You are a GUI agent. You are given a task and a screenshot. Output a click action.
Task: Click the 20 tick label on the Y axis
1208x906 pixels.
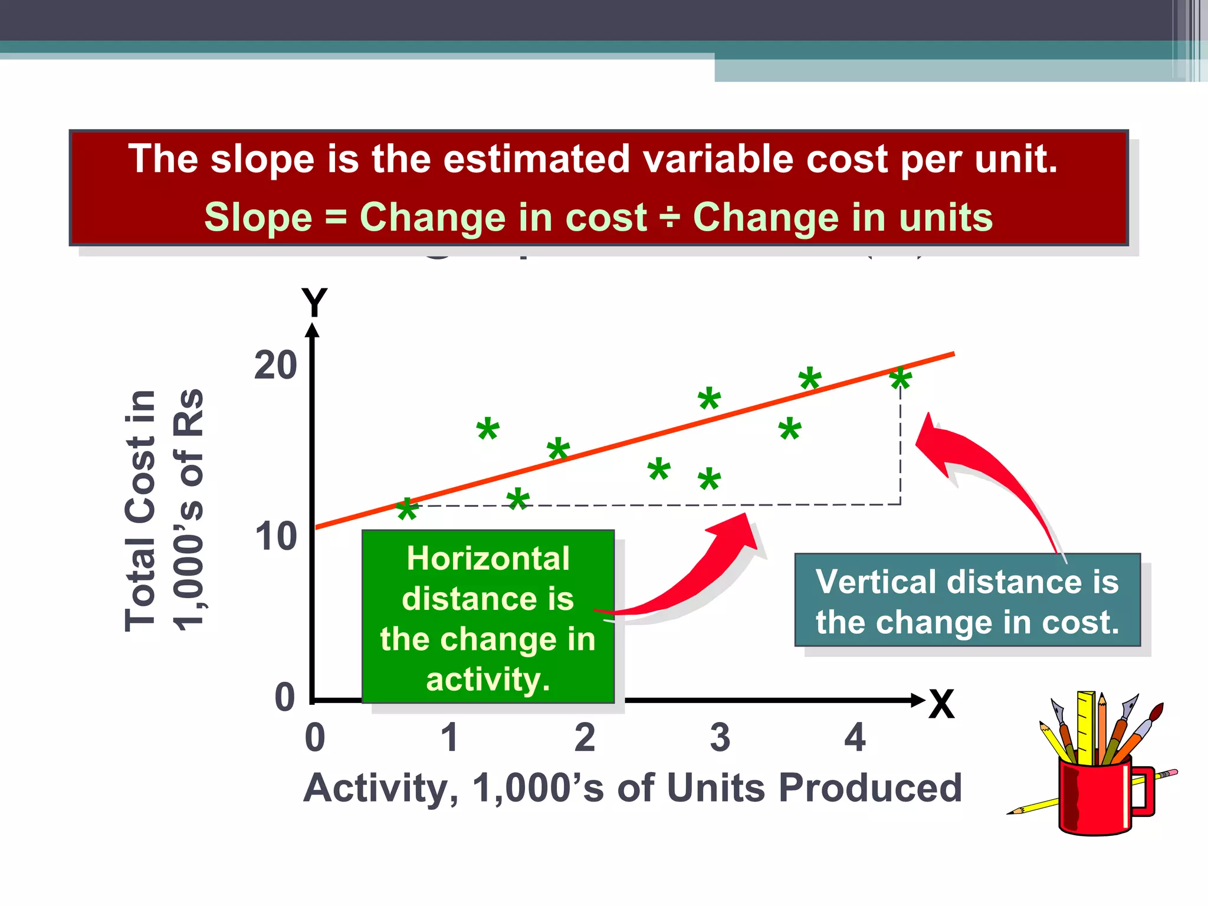(x=275, y=365)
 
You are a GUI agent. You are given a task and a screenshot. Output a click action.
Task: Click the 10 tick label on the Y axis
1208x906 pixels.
(x=275, y=536)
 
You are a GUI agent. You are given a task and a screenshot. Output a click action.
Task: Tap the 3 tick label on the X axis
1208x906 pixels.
(x=720, y=737)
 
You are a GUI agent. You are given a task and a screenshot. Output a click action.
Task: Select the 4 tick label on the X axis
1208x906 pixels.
(x=855, y=737)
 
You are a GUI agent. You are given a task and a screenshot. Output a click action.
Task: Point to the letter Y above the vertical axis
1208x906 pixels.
(x=314, y=303)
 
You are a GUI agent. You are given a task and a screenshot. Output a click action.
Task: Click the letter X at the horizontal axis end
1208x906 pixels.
(x=941, y=704)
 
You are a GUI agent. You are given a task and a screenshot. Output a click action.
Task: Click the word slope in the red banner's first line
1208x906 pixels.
(x=262, y=159)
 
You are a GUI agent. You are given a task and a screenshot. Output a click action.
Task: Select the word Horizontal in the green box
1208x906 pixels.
(x=488, y=558)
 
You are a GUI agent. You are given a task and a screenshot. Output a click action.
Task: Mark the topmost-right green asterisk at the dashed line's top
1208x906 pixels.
(x=901, y=379)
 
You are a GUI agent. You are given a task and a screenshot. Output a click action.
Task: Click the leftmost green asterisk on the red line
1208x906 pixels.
(x=407, y=510)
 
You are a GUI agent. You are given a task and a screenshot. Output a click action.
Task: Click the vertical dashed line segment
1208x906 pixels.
(x=900, y=448)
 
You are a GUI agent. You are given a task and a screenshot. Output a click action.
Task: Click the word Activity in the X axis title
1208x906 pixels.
(x=380, y=788)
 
